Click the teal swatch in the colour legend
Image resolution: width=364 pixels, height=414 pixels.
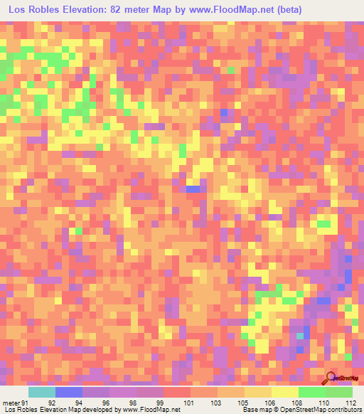[42, 392]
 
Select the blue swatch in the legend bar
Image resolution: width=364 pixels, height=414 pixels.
[69, 392]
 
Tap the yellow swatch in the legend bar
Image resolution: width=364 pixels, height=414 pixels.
[285, 392]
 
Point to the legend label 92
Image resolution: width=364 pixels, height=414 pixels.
[51, 403]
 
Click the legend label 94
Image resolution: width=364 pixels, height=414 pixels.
[78, 403]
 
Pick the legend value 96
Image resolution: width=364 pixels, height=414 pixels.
[106, 403]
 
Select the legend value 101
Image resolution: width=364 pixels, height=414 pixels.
[188, 403]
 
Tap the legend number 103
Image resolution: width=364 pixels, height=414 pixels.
[215, 403]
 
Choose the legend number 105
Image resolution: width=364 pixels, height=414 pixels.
[242, 403]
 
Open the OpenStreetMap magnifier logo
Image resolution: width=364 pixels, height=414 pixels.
[331, 378]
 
